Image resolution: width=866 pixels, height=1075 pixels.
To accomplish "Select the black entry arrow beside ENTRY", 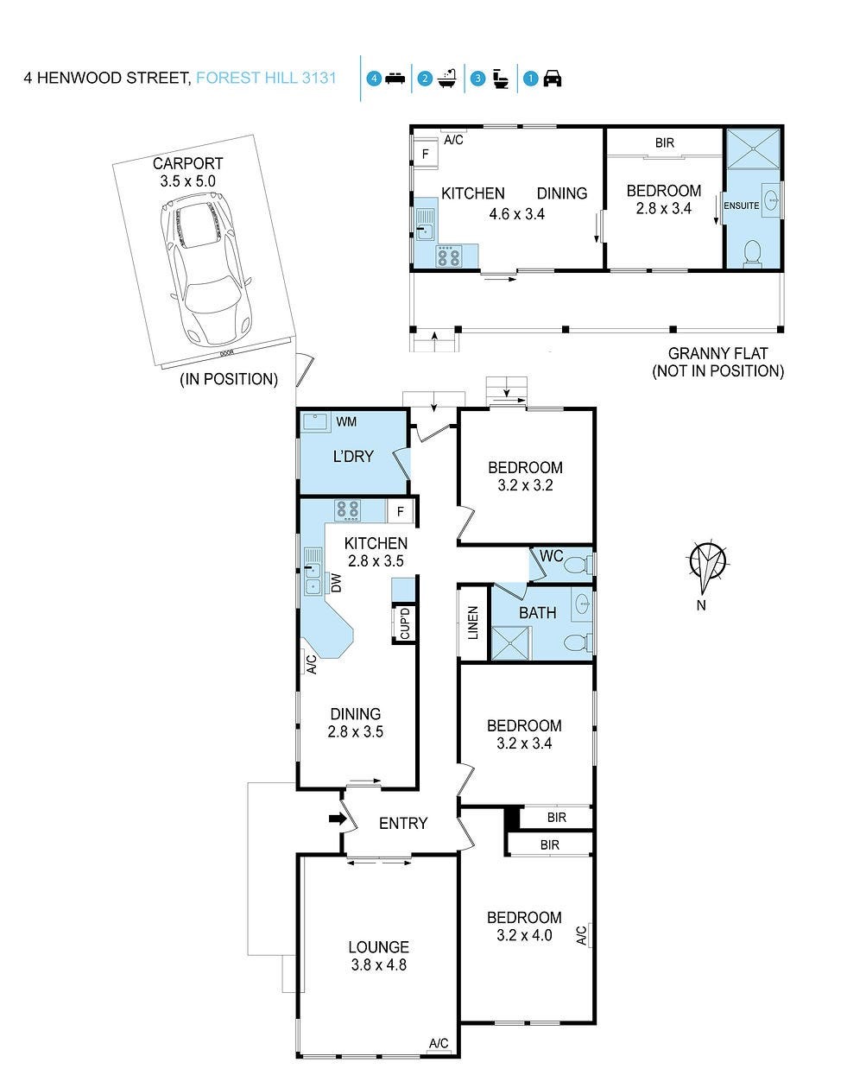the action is point(338,819).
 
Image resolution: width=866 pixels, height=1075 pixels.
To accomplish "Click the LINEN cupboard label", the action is point(473,623).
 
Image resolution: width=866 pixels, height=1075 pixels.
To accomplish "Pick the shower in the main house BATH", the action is point(510,643).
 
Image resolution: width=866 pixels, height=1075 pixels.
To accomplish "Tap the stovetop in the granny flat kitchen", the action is point(448,256).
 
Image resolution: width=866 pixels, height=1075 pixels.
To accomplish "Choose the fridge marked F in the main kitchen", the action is point(401,511).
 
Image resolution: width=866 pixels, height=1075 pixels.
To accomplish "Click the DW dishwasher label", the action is point(337,583).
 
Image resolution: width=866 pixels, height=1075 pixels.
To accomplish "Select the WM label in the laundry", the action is point(346,421).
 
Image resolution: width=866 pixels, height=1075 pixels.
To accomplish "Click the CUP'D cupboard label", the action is point(405,623).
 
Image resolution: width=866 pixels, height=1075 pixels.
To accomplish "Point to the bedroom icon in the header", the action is point(395,79).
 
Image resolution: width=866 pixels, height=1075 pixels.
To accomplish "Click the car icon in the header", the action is point(553,79).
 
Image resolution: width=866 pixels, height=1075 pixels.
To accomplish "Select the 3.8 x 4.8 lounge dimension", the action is point(379,965).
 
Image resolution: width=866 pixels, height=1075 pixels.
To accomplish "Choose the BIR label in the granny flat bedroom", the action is point(665,142).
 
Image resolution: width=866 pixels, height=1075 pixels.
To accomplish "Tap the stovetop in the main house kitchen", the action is point(348,511).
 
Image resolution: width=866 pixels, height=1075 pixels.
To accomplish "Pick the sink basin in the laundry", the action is point(315,421).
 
